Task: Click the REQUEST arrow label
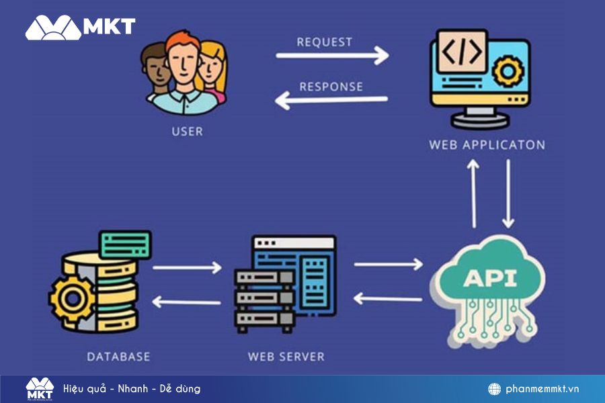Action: pos(324,42)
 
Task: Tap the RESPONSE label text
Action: pos(331,87)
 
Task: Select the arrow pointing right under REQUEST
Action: pos(332,56)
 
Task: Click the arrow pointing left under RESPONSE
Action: pos(332,101)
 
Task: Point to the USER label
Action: pos(187,131)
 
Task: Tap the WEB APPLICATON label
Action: pos(487,145)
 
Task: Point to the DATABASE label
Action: pos(118,356)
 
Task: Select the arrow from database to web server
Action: pos(186,267)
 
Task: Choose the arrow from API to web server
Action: pos(387,298)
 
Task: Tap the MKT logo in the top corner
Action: pos(80,27)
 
